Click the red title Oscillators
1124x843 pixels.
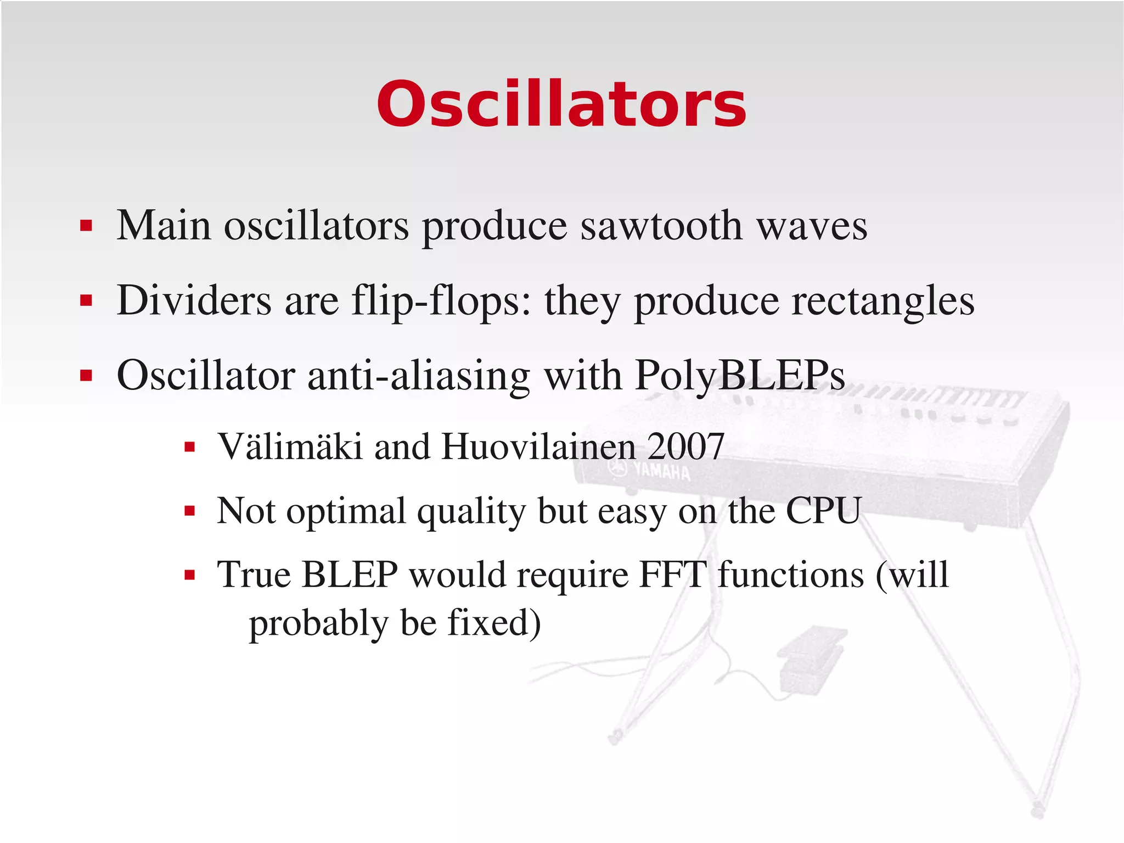pos(561,104)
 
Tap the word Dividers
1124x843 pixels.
pos(194,300)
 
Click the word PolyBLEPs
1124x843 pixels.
pos(740,376)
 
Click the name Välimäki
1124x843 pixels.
pos(290,446)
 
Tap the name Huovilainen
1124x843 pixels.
pos(538,446)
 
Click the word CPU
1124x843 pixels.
pos(823,510)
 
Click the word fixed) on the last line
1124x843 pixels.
pos(494,623)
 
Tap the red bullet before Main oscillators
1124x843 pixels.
pos(86,226)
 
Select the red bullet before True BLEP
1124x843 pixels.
pos(190,576)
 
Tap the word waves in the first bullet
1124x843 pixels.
pos(812,226)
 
